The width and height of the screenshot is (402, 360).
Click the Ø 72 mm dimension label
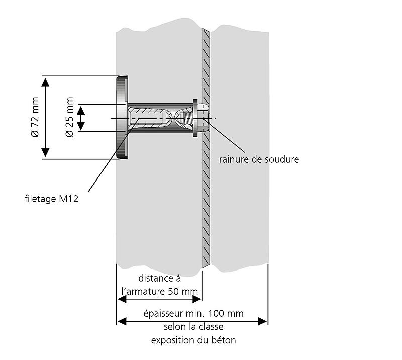(x=35, y=117)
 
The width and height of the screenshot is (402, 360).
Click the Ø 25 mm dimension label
(x=70, y=118)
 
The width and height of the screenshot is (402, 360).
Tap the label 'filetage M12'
(x=52, y=198)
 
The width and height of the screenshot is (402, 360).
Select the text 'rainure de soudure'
(x=259, y=160)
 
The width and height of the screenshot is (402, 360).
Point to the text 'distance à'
(x=159, y=278)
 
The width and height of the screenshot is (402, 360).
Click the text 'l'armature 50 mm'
(x=160, y=291)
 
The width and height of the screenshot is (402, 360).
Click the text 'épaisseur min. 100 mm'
(x=193, y=313)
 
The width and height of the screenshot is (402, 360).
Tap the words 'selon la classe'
(x=193, y=327)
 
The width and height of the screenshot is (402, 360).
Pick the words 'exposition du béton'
(x=193, y=340)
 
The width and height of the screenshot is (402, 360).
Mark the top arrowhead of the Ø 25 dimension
(x=80, y=108)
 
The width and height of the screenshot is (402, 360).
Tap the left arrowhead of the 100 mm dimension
(x=121, y=320)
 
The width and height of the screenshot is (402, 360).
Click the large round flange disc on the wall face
(x=122, y=118)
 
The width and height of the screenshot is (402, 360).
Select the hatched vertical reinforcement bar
(x=206, y=201)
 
